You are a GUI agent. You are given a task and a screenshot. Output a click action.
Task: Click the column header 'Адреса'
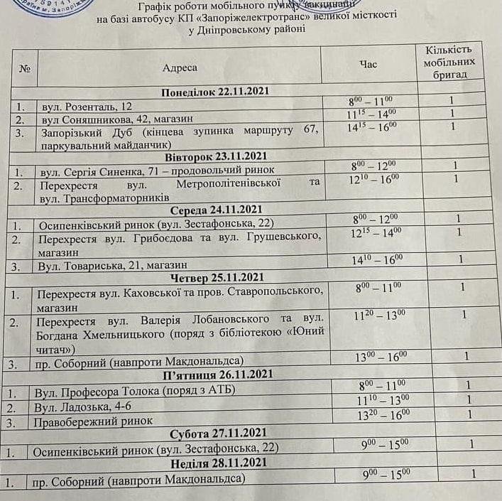(180, 68)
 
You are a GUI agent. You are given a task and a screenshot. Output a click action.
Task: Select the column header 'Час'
(369, 65)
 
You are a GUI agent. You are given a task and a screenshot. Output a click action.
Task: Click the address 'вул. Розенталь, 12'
(82, 106)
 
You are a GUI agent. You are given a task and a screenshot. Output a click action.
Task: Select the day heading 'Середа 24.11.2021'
(217, 210)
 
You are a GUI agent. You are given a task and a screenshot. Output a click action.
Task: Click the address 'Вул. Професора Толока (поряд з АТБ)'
(134, 390)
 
